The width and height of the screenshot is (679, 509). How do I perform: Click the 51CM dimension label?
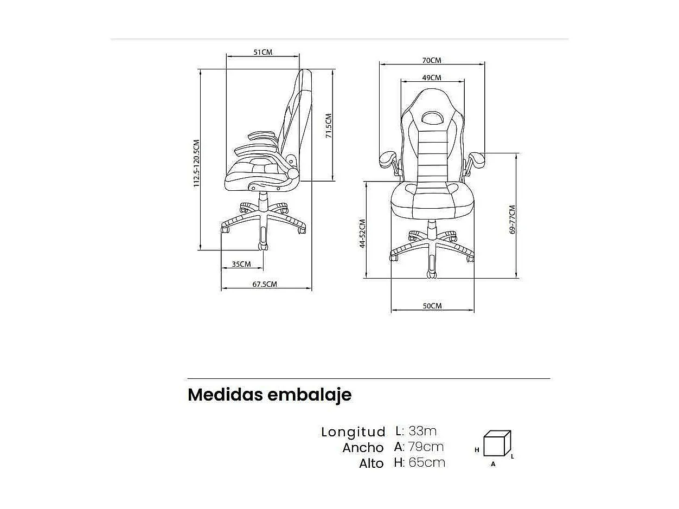coord(263,52)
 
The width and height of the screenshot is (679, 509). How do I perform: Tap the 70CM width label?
coord(432,60)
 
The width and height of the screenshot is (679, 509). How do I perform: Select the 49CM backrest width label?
coord(432,78)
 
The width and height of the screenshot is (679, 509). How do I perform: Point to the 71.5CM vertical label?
coord(329,126)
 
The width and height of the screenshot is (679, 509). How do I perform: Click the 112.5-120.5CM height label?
coord(197,163)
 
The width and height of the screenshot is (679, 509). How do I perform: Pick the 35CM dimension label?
coord(241,264)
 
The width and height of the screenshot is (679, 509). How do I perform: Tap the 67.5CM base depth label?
coord(265,284)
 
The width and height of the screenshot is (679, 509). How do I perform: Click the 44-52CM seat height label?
coord(362,233)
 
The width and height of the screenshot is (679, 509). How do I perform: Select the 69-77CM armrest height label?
coord(513,220)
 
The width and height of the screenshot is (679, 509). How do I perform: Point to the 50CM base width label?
coord(432,306)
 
